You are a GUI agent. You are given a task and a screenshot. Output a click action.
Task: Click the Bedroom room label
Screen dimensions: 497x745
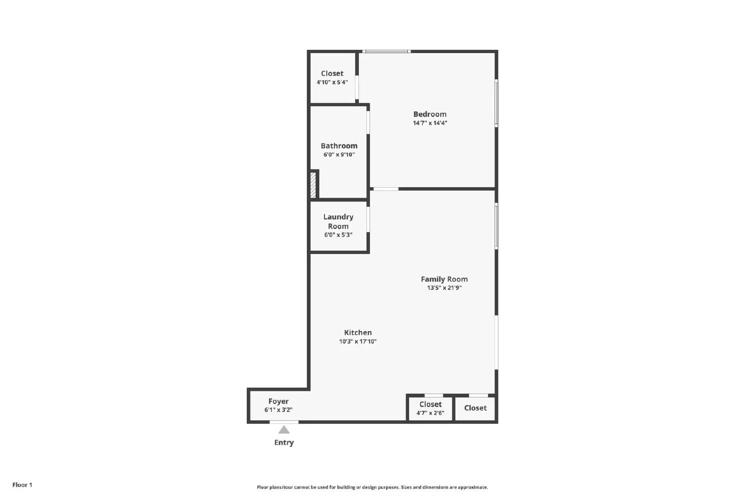pyautogui.click(x=430, y=114)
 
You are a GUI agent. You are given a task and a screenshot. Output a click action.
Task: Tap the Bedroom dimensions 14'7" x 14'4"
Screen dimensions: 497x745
pyautogui.click(x=430, y=123)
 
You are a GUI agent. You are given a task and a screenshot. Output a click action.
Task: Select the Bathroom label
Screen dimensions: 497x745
pyautogui.click(x=339, y=146)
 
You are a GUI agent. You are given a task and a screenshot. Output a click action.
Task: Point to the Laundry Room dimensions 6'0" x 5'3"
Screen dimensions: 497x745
pyautogui.click(x=338, y=235)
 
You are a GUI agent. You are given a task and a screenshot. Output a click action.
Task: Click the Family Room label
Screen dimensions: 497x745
pyautogui.click(x=444, y=279)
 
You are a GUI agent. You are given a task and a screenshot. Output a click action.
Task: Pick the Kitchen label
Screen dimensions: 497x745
pyautogui.click(x=358, y=333)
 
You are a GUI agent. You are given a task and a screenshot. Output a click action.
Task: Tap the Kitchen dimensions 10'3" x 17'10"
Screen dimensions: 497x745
pyautogui.click(x=358, y=341)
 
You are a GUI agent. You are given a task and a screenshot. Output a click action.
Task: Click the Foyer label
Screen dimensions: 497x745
pyautogui.click(x=278, y=401)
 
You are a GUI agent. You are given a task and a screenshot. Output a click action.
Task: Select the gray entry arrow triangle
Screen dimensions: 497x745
pyautogui.click(x=284, y=429)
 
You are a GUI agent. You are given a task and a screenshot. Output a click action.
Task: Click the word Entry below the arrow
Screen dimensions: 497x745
pyautogui.click(x=284, y=443)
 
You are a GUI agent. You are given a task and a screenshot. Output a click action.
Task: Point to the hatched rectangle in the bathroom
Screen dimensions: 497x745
pyautogui.click(x=313, y=185)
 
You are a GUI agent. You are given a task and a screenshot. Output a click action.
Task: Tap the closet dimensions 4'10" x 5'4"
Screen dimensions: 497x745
pyautogui.click(x=332, y=82)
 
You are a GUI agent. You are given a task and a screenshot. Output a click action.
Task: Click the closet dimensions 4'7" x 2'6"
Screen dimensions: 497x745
pyautogui.click(x=430, y=413)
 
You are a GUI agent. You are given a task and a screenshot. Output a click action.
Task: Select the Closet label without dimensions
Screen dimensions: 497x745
pyautogui.click(x=475, y=408)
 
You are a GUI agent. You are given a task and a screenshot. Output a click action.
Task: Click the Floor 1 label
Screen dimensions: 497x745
pyautogui.click(x=22, y=485)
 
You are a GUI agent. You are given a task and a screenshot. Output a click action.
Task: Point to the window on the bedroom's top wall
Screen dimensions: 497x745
pyautogui.click(x=386, y=51)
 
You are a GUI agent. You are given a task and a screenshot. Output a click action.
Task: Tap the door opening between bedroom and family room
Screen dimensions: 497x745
pyautogui.click(x=386, y=189)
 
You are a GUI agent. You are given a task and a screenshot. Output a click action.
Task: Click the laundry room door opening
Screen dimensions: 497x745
pyautogui.click(x=368, y=219)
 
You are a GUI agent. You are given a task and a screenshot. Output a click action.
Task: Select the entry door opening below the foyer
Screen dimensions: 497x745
pyautogui.click(x=284, y=422)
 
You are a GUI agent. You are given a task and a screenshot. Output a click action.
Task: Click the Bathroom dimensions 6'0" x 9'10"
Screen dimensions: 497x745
pyautogui.click(x=339, y=155)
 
